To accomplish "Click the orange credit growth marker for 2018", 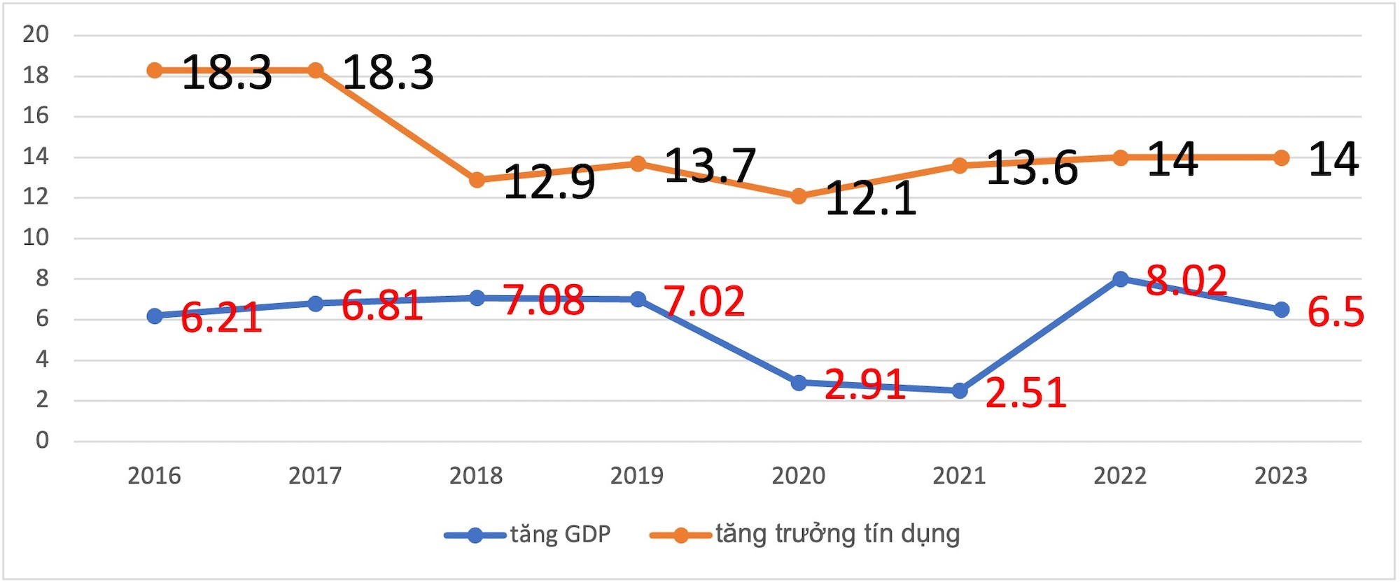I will (x=477, y=180).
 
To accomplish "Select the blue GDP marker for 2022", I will (x=1120, y=279).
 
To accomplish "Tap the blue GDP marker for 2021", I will (x=960, y=390).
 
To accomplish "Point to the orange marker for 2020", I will (x=799, y=197).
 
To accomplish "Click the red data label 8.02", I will (x=1186, y=281).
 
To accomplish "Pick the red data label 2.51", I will (x=1025, y=393).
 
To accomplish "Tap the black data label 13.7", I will (x=710, y=166).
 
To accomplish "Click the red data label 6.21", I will (x=221, y=318).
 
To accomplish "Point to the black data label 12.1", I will (x=871, y=198).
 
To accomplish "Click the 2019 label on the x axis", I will (x=637, y=477).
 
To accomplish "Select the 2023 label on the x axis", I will (x=1281, y=477).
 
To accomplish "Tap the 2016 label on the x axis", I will (x=154, y=477).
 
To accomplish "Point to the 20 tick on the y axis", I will (x=36, y=34).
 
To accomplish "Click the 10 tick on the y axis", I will (x=36, y=238).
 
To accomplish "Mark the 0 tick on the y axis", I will (x=43, y=441).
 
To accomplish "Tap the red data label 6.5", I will (x=1336, y=312).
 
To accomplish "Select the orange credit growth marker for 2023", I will (x=1281, y=158).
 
